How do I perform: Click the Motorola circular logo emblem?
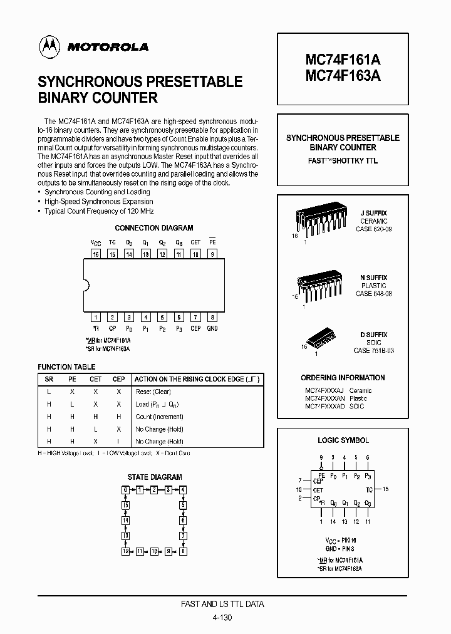pos(48,45)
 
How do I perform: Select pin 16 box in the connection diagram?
pos(96,254)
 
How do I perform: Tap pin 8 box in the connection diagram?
pos(212,318)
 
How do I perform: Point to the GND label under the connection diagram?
pos(212,328)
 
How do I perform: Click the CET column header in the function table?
pos(95,379)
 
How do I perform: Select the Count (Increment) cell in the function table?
pos(159,417)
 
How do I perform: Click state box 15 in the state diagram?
pos(126,505)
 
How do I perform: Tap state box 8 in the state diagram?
pos(183,551)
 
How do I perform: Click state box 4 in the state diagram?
pos(183,489)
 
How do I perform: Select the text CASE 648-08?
pos(373,293)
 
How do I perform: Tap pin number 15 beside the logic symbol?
pos(386,489)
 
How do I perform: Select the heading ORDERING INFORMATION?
pos(343,378)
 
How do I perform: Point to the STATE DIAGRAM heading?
pos(155,477)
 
